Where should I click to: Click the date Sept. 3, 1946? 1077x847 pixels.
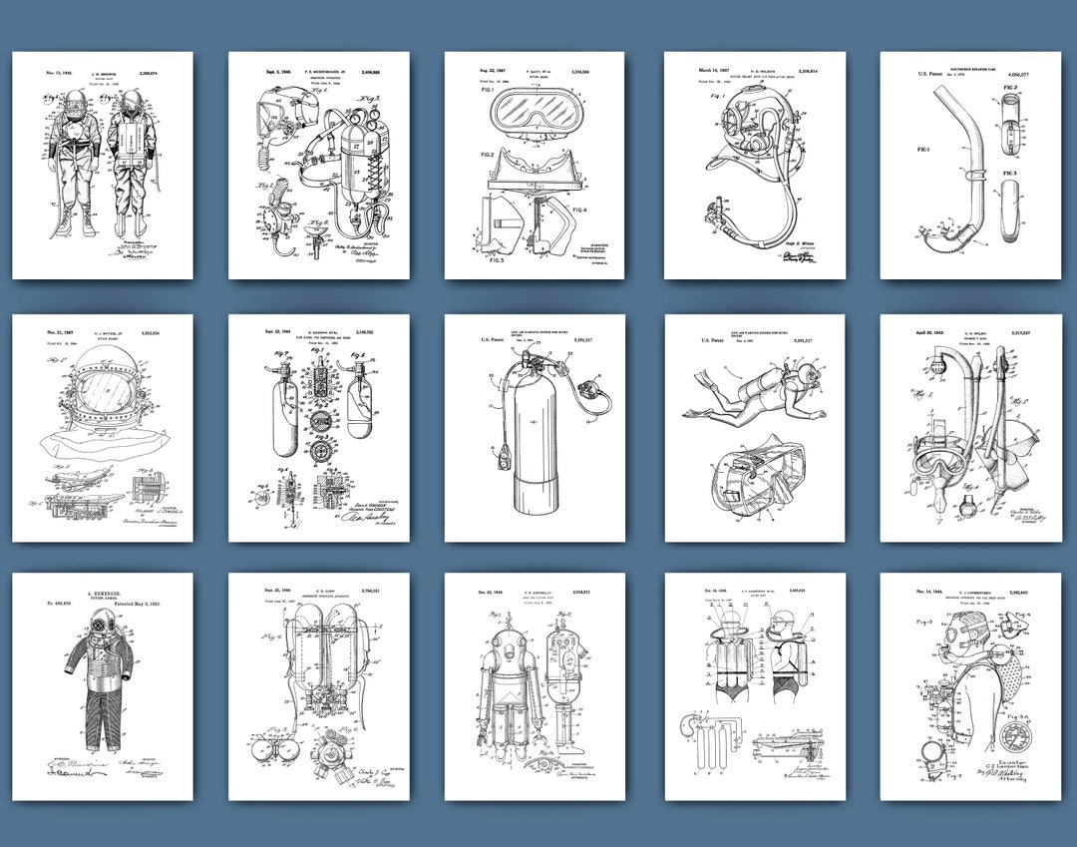tap(256, 72)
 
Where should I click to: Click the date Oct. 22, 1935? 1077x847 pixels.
tap(474, 593)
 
